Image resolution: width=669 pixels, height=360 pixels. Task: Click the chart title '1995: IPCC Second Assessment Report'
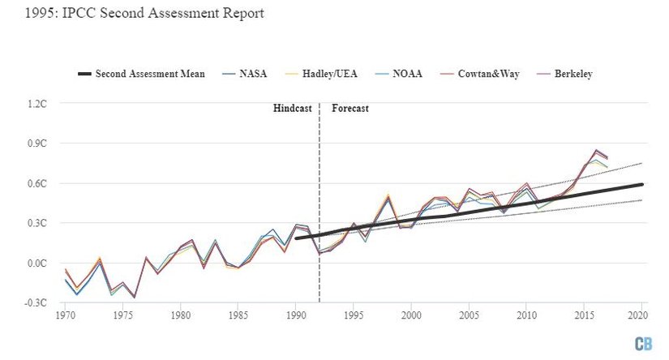point(133,15)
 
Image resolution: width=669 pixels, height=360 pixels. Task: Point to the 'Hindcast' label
point(292,108)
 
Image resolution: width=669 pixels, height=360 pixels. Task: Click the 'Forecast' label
point(350,108)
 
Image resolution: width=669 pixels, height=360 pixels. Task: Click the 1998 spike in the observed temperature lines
point(388,195)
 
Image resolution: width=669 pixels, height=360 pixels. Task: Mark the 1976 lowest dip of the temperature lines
point(135,298)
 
